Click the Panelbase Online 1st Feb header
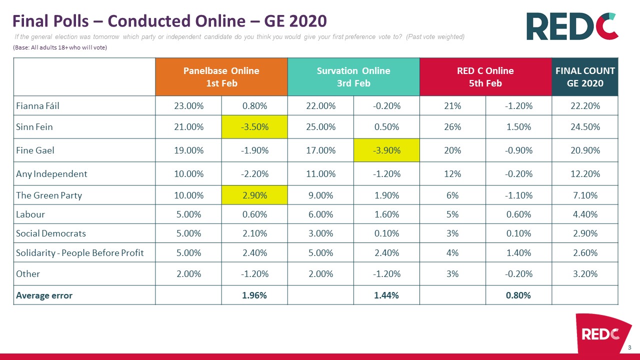pyautogui.click(x=221, y=77)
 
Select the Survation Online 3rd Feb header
pyautogui.click(x=353, y=77)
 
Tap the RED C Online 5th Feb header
pyautogui.click(x=485, y=77)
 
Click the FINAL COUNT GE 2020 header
pyautogui.click(x=585, y=77)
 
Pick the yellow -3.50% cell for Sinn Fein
pyautogui.click(x=254, y=127)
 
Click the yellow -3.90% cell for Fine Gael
pyautogui.click(x=386, y=150)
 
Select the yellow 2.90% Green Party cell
pyautogui.click(x=254, y=195)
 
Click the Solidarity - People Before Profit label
pyautogui.click(x=80, y=253)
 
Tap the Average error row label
pyautogui.click(x=44, y=295)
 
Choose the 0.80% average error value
pyautogui.click(x=518, y=295)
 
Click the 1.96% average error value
pyautogui.click(x=254, y=295)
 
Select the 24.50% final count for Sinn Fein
pyautogui.click(x=585, y=127)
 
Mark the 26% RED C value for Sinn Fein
pyautogui.click(x=452, y=127)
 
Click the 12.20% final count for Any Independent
pyautogui.click(x=585, y=174)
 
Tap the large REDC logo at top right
pyautogui.click(x=572, y=26)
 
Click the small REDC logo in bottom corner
pyautogui.click(x=600, y=333)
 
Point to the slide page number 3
pyautogui.click(x=629, y=347)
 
